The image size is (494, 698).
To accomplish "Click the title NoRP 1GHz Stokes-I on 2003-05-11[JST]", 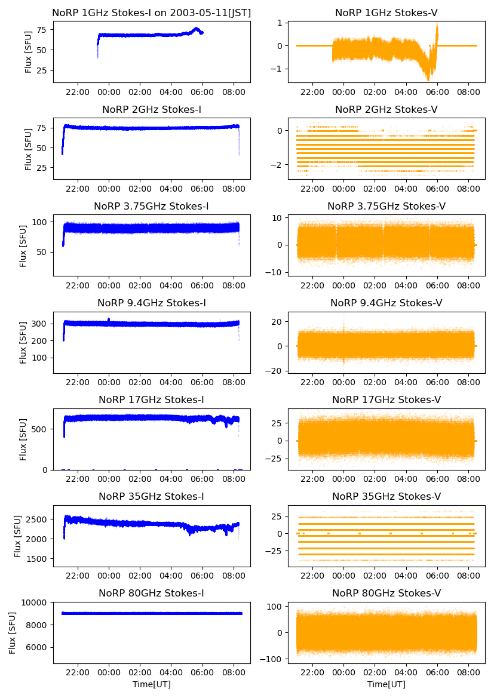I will [x=151, y=13].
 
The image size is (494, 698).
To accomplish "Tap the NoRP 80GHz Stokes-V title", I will [x=386, y=593].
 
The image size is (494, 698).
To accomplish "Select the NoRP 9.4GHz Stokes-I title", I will [x=151, y=303].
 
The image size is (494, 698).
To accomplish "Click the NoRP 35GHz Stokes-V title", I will [x=386, y=496].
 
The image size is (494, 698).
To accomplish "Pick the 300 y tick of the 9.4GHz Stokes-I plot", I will [x=42, y=324].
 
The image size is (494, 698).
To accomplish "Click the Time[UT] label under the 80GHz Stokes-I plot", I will [x=151, y=684].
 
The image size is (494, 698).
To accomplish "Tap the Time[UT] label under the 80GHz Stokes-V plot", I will [x=386, y=684].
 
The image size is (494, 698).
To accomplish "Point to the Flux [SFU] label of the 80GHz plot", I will [x=13, y=632].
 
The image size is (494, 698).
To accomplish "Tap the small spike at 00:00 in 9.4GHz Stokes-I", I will [x=108, y=320].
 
